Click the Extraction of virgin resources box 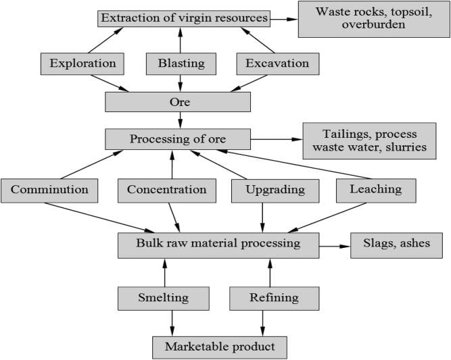183,18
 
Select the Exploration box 82,64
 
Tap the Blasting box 181,64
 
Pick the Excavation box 277,64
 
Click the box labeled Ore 178,102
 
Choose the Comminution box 49,190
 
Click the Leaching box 375,190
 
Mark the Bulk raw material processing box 218,245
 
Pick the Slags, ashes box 396,245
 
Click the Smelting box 163,297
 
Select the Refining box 273,297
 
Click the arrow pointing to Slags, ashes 335,246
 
